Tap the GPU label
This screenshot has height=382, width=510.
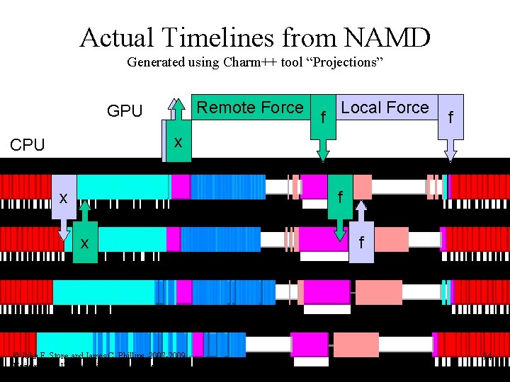pos(125,111)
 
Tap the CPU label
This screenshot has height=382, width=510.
pos(28,145)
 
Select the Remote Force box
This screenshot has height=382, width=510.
pos(249,108)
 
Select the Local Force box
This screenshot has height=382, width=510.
pos(385,108)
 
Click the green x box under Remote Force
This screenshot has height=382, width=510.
pos(178,142)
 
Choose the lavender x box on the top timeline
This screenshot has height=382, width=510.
pos(64,198)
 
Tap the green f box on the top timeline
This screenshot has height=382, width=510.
pos(340,198)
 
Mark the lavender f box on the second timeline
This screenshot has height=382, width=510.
pos(361,243)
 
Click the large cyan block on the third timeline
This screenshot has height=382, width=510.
pos(103,292)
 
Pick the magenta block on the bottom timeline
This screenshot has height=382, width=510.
pos(310,345)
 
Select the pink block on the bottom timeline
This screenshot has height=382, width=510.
pos(356,345)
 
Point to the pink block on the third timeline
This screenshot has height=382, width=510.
pos(378,291)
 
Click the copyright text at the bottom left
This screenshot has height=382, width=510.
pos(99,354)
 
